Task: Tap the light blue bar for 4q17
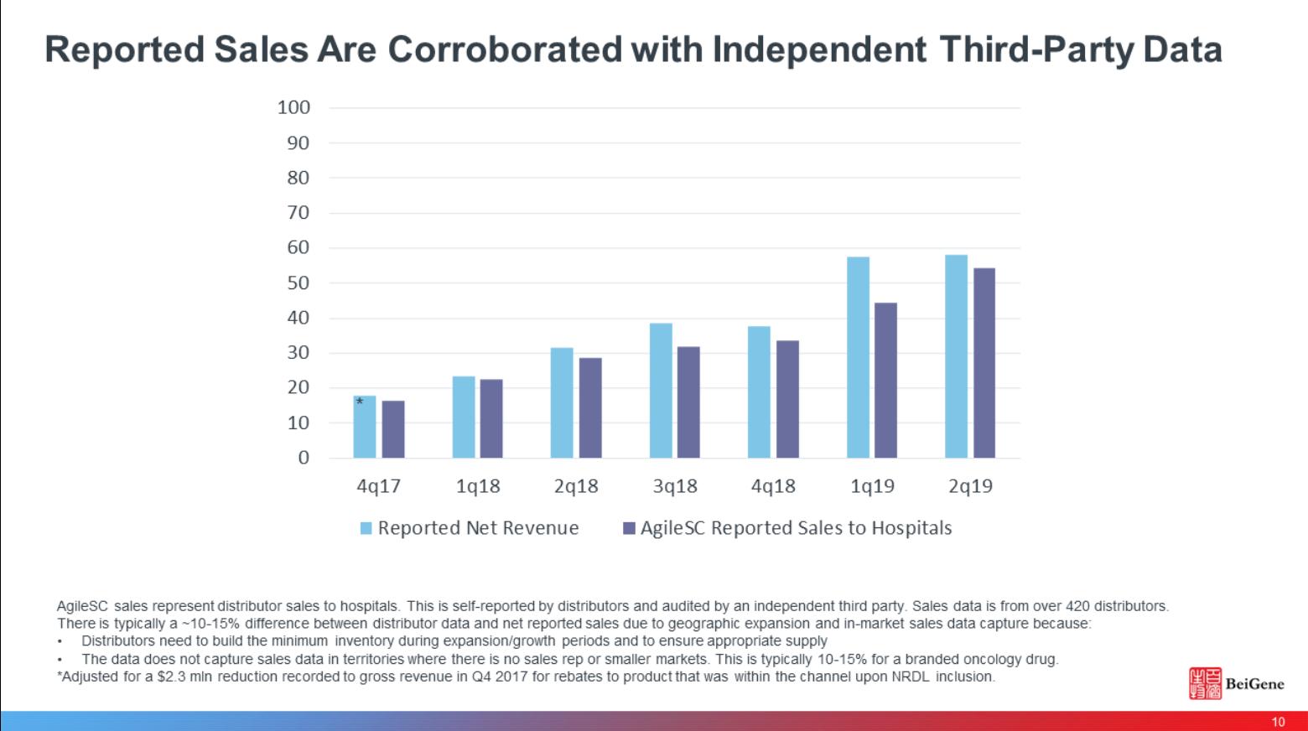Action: (x=365, y=428)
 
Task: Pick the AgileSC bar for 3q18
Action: (x=688, y=402)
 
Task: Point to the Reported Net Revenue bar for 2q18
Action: (x=562, y=402)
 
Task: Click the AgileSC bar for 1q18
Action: (x=491, y=418)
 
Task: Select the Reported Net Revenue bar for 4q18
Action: (x=759, y=391)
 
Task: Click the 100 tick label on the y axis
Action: (x=293, y=107)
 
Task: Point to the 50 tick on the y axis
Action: (x=298, y=283)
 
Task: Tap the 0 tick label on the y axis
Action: (x=304, y=458)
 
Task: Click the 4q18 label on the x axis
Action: (x=773, y=486)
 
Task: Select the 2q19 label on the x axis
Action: (x=970, y=486)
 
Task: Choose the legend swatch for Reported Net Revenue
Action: (x=366, y=528)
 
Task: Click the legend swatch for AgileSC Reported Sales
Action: (x=629, y=528)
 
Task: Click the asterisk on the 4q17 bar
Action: (x=360, y=402)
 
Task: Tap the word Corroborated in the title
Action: (x=504, y=49)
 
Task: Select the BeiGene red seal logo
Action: (x=1205, y=683)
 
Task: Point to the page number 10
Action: (x=1278, y=722)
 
